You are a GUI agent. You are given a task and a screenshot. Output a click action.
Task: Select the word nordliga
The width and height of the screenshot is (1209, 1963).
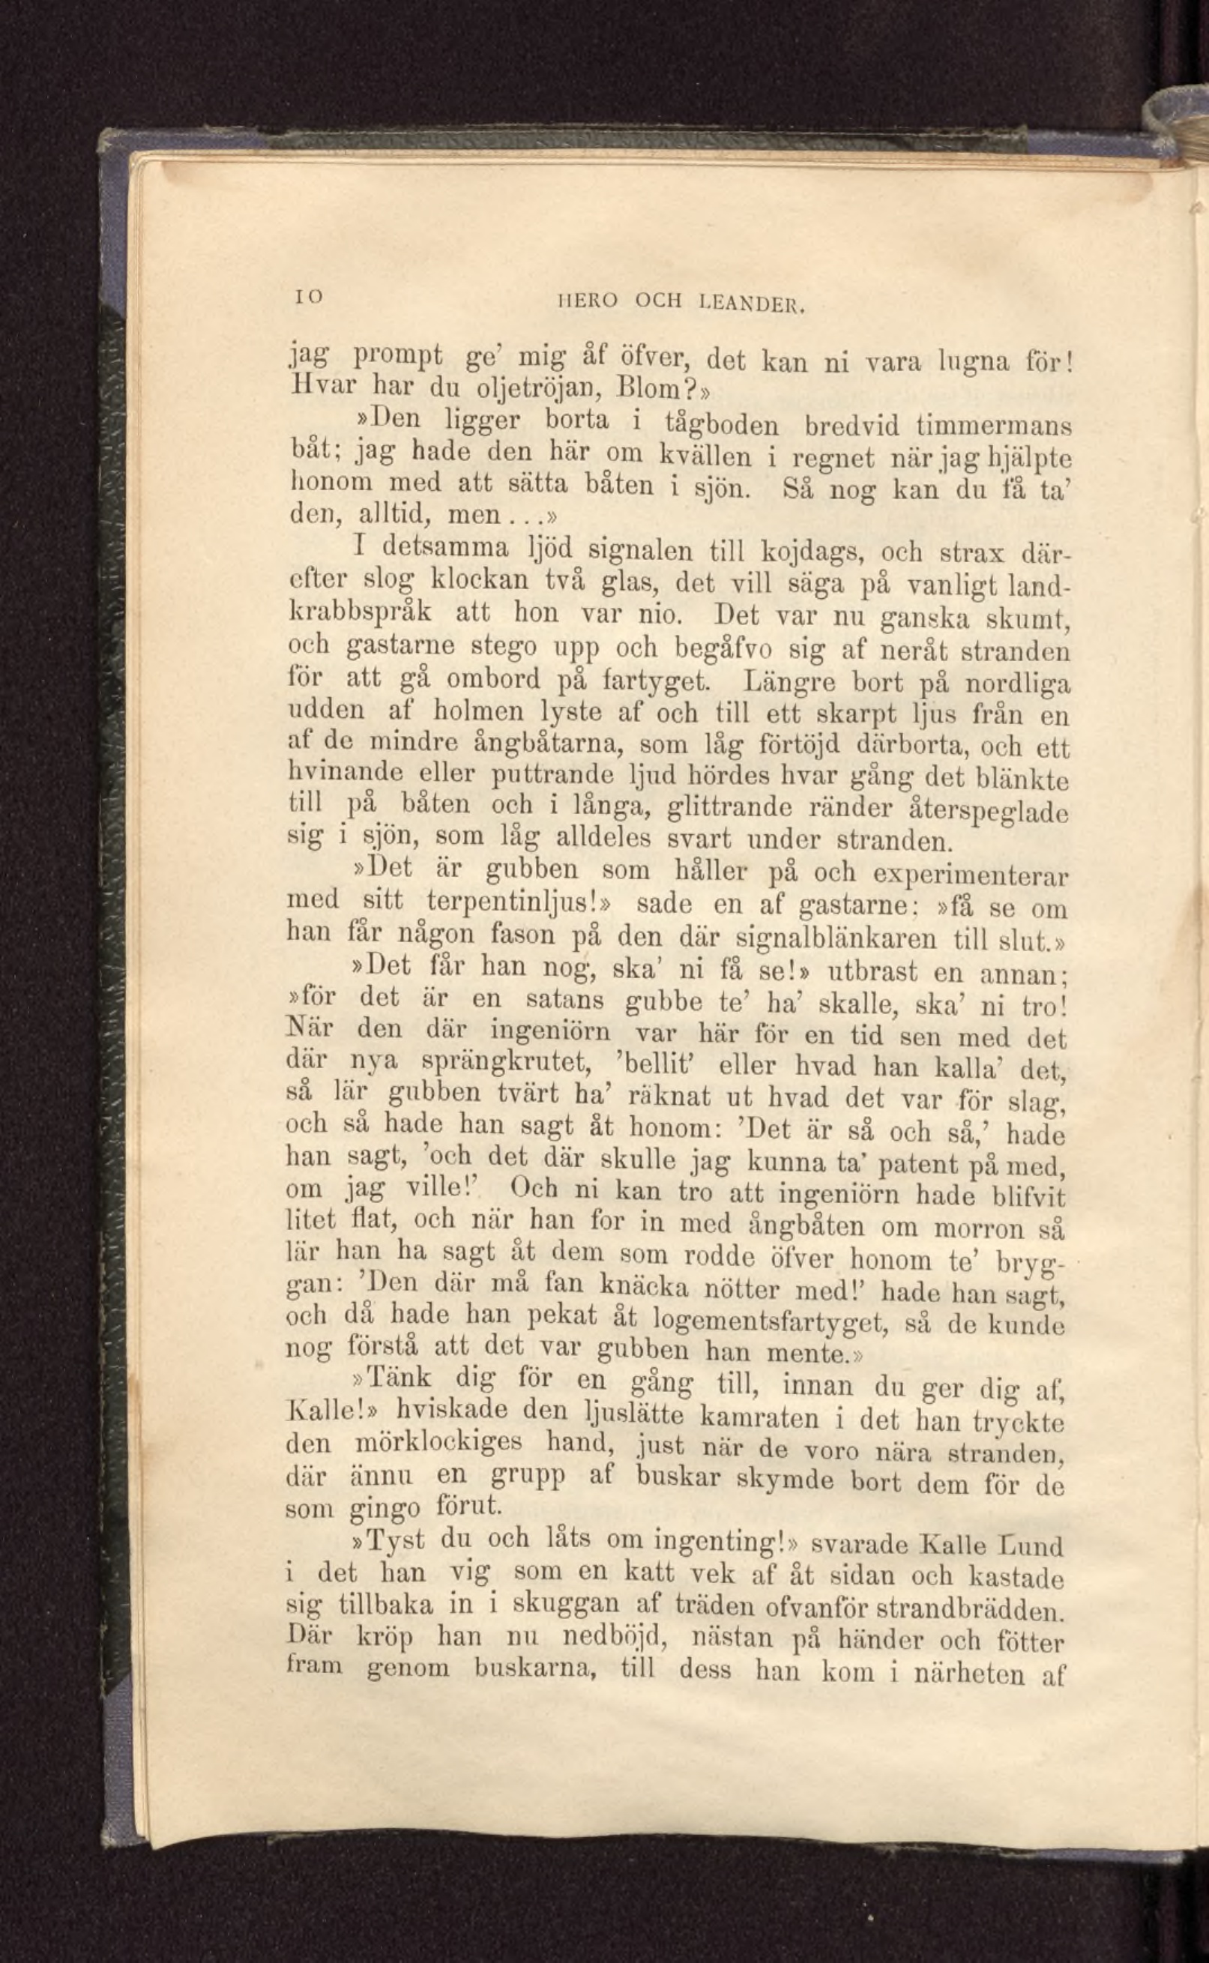tap(1017, 685)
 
